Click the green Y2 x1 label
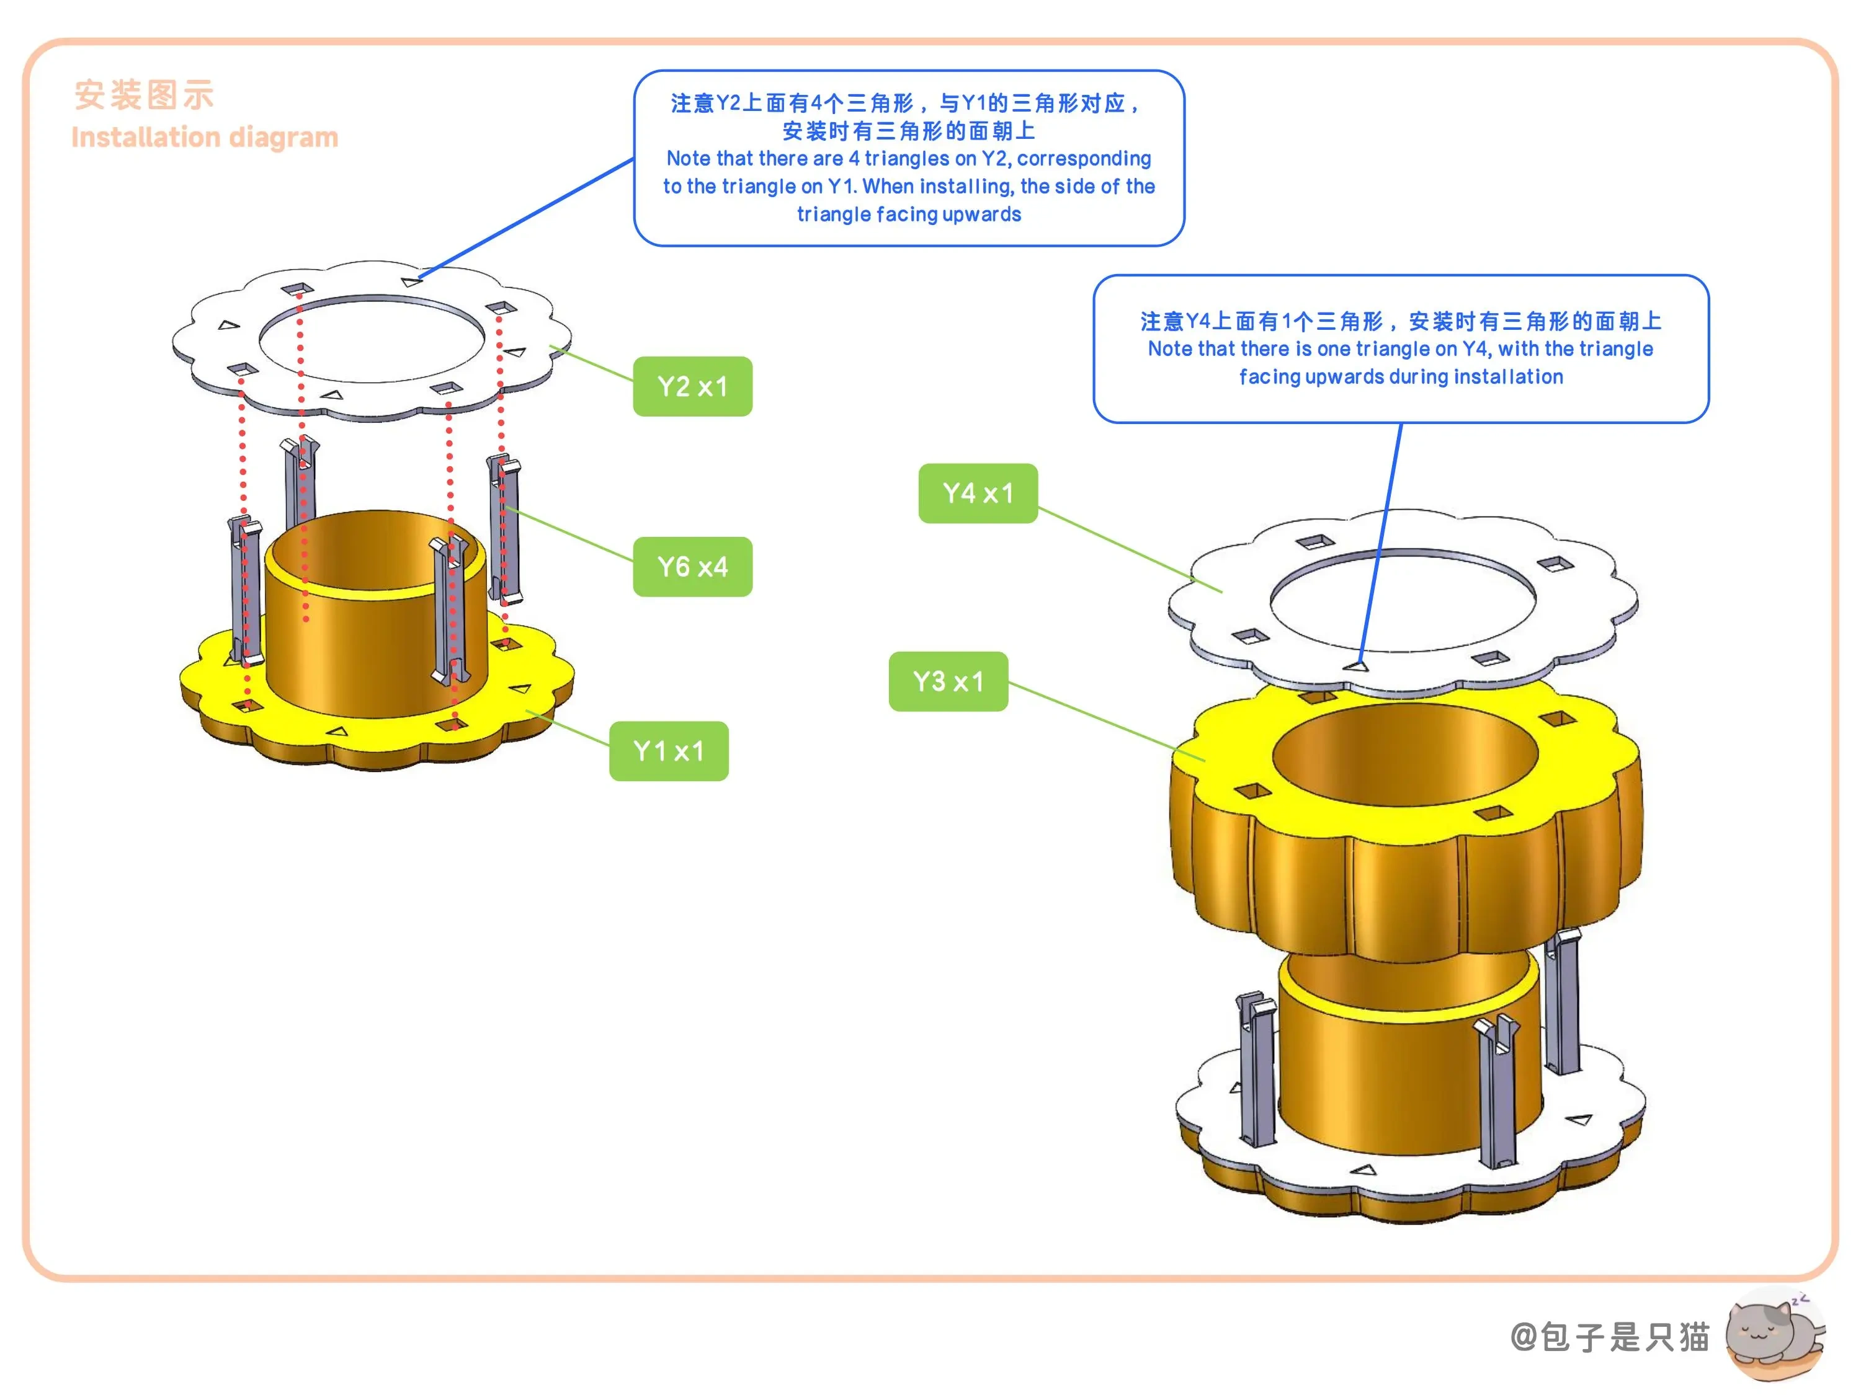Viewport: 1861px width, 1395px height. point(692,386)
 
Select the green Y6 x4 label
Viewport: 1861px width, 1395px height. point(692,567)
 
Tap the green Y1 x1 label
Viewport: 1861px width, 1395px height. point(669,751)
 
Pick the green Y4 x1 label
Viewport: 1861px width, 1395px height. point(978,494)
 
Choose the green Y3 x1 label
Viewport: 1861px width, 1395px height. point(948,681)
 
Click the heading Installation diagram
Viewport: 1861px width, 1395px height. point(205,137)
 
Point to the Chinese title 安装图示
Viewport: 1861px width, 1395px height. point(144,95)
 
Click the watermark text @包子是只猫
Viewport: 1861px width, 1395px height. point(1609,1336)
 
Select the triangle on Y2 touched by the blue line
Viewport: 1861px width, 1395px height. point(411,281)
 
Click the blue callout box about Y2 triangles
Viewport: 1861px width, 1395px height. point(909,158)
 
